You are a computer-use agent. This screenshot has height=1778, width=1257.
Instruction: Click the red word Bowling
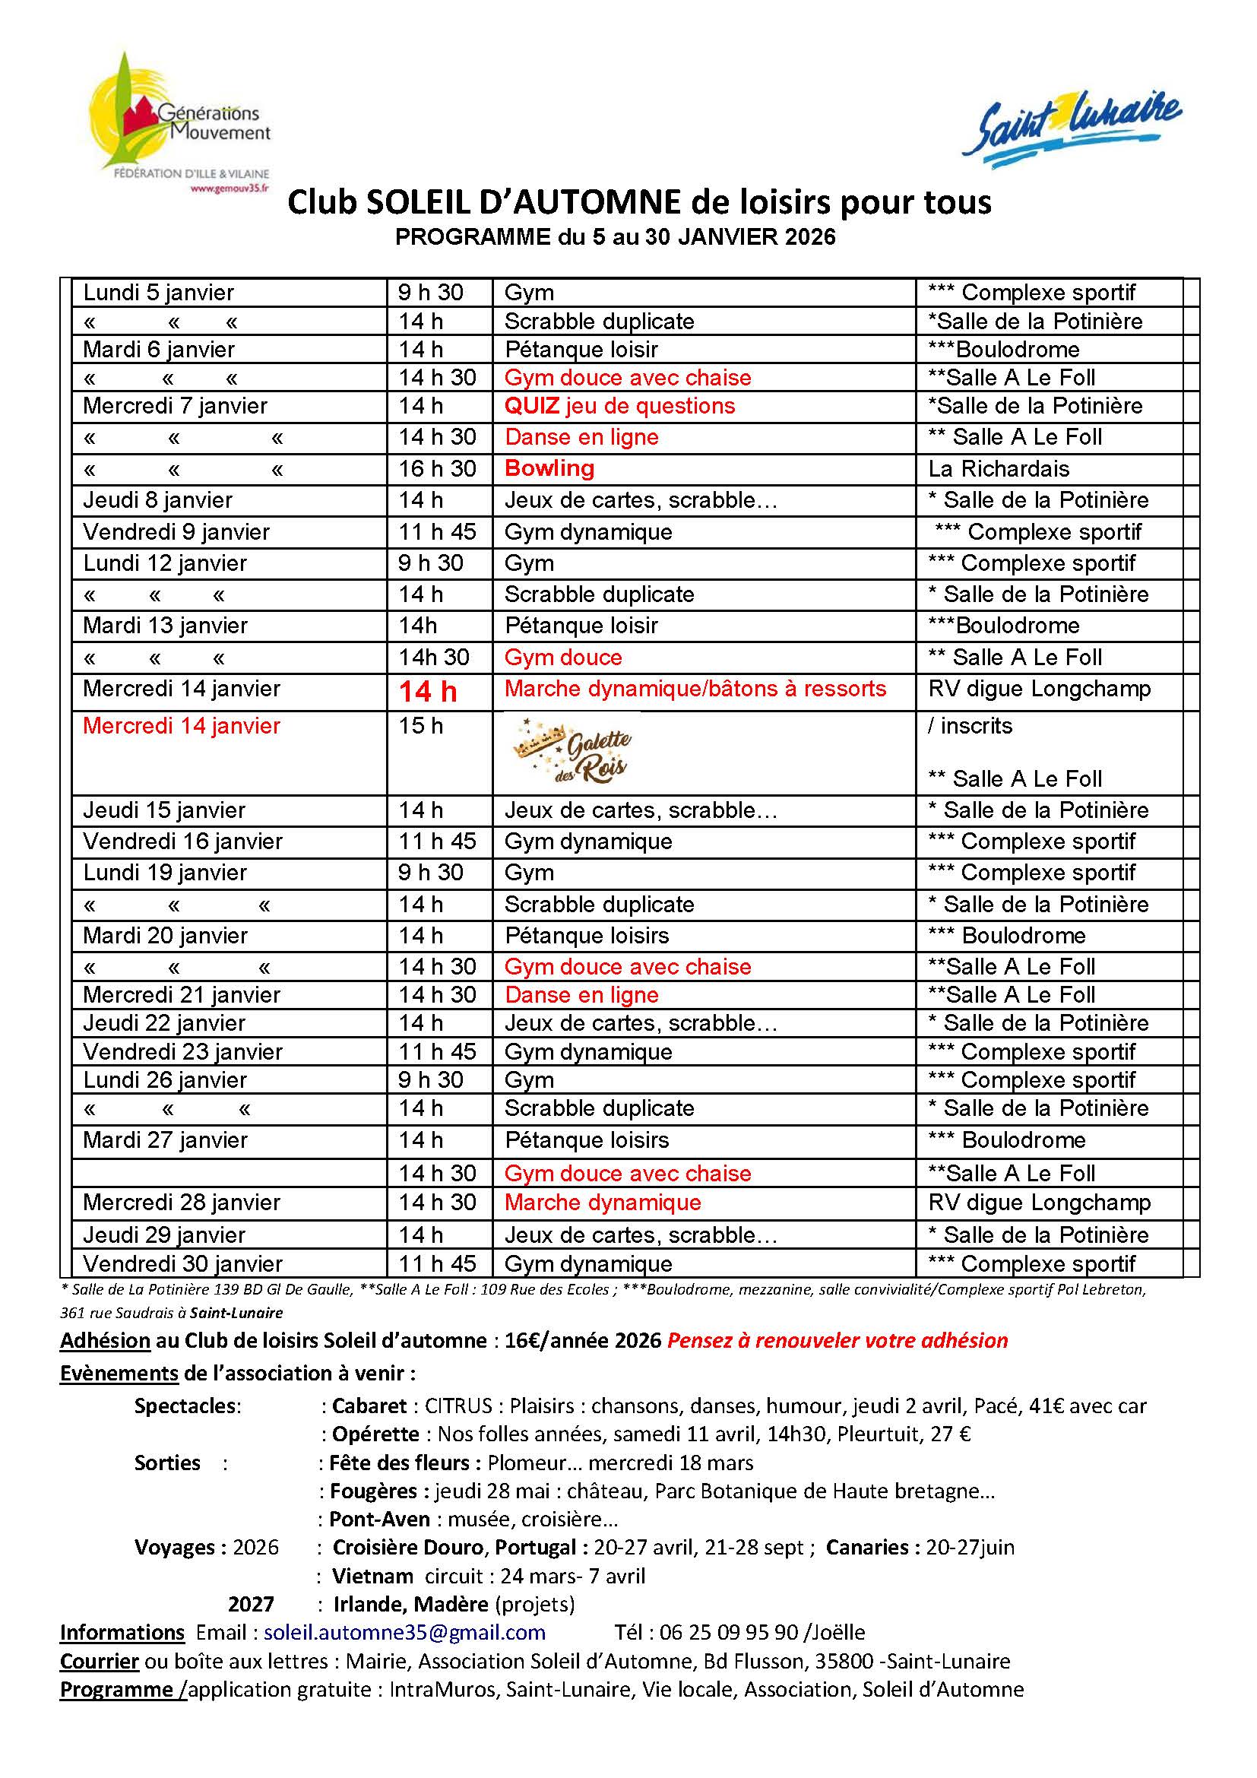[x=549, y=468]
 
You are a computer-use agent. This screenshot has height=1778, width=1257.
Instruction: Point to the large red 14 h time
[x=427, y=692]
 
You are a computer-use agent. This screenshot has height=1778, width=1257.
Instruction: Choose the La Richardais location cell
[x=999, y=469]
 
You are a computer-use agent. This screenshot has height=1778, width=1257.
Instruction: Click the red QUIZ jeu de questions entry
[x=619, y=406]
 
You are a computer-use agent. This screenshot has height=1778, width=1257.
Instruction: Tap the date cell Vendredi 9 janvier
[x=176, y=532]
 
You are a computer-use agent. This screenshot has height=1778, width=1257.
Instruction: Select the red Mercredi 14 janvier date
[x=181, y=727]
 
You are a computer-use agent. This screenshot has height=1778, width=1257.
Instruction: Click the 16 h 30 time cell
[x=437, y=469]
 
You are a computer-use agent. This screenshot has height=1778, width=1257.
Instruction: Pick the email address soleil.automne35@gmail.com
[x=404, y=1632]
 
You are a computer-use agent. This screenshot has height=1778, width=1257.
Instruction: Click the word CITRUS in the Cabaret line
[x=458, y=1406]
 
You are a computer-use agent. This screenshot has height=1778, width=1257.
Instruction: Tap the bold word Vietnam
[x=372, y=1576]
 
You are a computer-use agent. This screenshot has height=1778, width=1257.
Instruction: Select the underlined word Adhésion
[x=106, y=1340]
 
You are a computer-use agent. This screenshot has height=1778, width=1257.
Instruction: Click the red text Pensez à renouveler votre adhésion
[x=837, y=1340]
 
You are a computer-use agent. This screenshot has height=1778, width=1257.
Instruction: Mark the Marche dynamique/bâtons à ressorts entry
[x=695, y=689]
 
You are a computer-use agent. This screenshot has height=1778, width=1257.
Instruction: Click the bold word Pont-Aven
[x=379, y=1519]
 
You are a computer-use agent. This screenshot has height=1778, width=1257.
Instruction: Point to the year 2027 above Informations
[x=251, y=1604]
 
